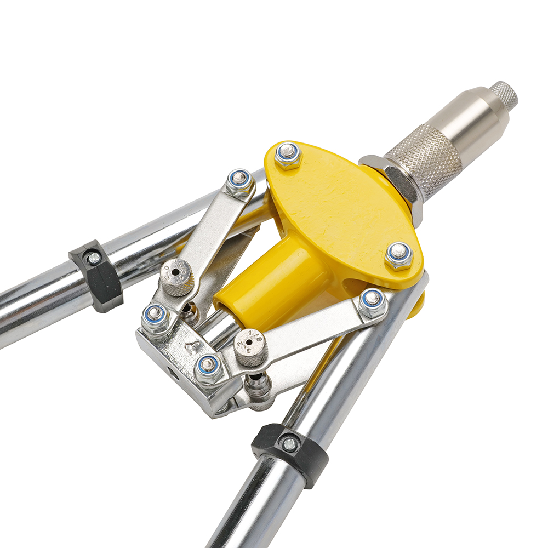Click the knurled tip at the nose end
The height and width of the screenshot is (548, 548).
[x=504, y=95]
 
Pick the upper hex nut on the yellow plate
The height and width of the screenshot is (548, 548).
[x=288, y=155]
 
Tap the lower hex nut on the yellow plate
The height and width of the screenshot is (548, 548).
[x=399, y=254]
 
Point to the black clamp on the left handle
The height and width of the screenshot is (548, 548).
[x=96, y=276]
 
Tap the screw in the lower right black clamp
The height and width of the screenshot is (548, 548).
[x=289, y=444]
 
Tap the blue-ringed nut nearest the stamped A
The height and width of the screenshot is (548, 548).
[x=208, y=366]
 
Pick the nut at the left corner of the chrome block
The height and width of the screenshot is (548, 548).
[x=155, y=316]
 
